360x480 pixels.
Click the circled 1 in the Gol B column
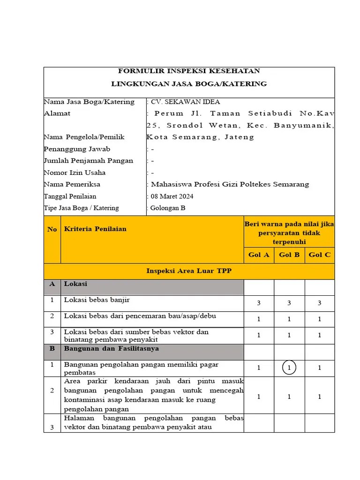click(x=289, y=368)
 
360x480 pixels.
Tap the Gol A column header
click(x=259, y=255)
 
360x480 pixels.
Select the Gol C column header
click(x=320, y=255)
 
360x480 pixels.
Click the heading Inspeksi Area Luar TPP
click(x=189, y=271)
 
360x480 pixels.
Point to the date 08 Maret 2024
click(x=172, y=196)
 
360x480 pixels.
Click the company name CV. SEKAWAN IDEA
click(x=185, y=102)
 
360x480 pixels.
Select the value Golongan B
click(x=168, y=208)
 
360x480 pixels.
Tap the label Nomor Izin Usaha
click(x=75, y=172)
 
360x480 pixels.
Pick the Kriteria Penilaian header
click(x=95, y=229)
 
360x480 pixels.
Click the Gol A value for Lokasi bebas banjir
click(x=259, y=303)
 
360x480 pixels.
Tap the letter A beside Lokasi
click(x=52, y=284)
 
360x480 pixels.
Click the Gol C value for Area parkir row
click(x=320, y=397)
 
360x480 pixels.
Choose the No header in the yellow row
click(x=52, y=229)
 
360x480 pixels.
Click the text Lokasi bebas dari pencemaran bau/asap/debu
click(x=140, y=316)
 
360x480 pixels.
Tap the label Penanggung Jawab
click(x=77, y=149)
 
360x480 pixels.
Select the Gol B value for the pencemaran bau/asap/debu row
click(x=289, y=319)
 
